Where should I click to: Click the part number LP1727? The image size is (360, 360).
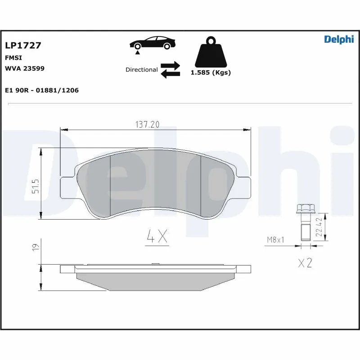[23, 45]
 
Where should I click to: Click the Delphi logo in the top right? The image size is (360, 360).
[339, 40]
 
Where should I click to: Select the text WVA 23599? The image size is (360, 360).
[24, 68]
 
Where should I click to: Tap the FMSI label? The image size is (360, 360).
[13, 58]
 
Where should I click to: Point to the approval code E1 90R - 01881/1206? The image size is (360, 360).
[41, 90]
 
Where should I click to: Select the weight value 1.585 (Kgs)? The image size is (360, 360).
[211, 72]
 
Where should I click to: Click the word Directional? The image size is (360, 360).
[141, 70]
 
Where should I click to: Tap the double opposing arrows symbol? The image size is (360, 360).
[171, 70]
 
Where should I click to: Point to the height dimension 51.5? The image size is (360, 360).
[35, 185]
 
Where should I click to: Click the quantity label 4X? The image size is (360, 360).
[157, 237]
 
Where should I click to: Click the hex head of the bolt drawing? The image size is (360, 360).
[304, 209]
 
